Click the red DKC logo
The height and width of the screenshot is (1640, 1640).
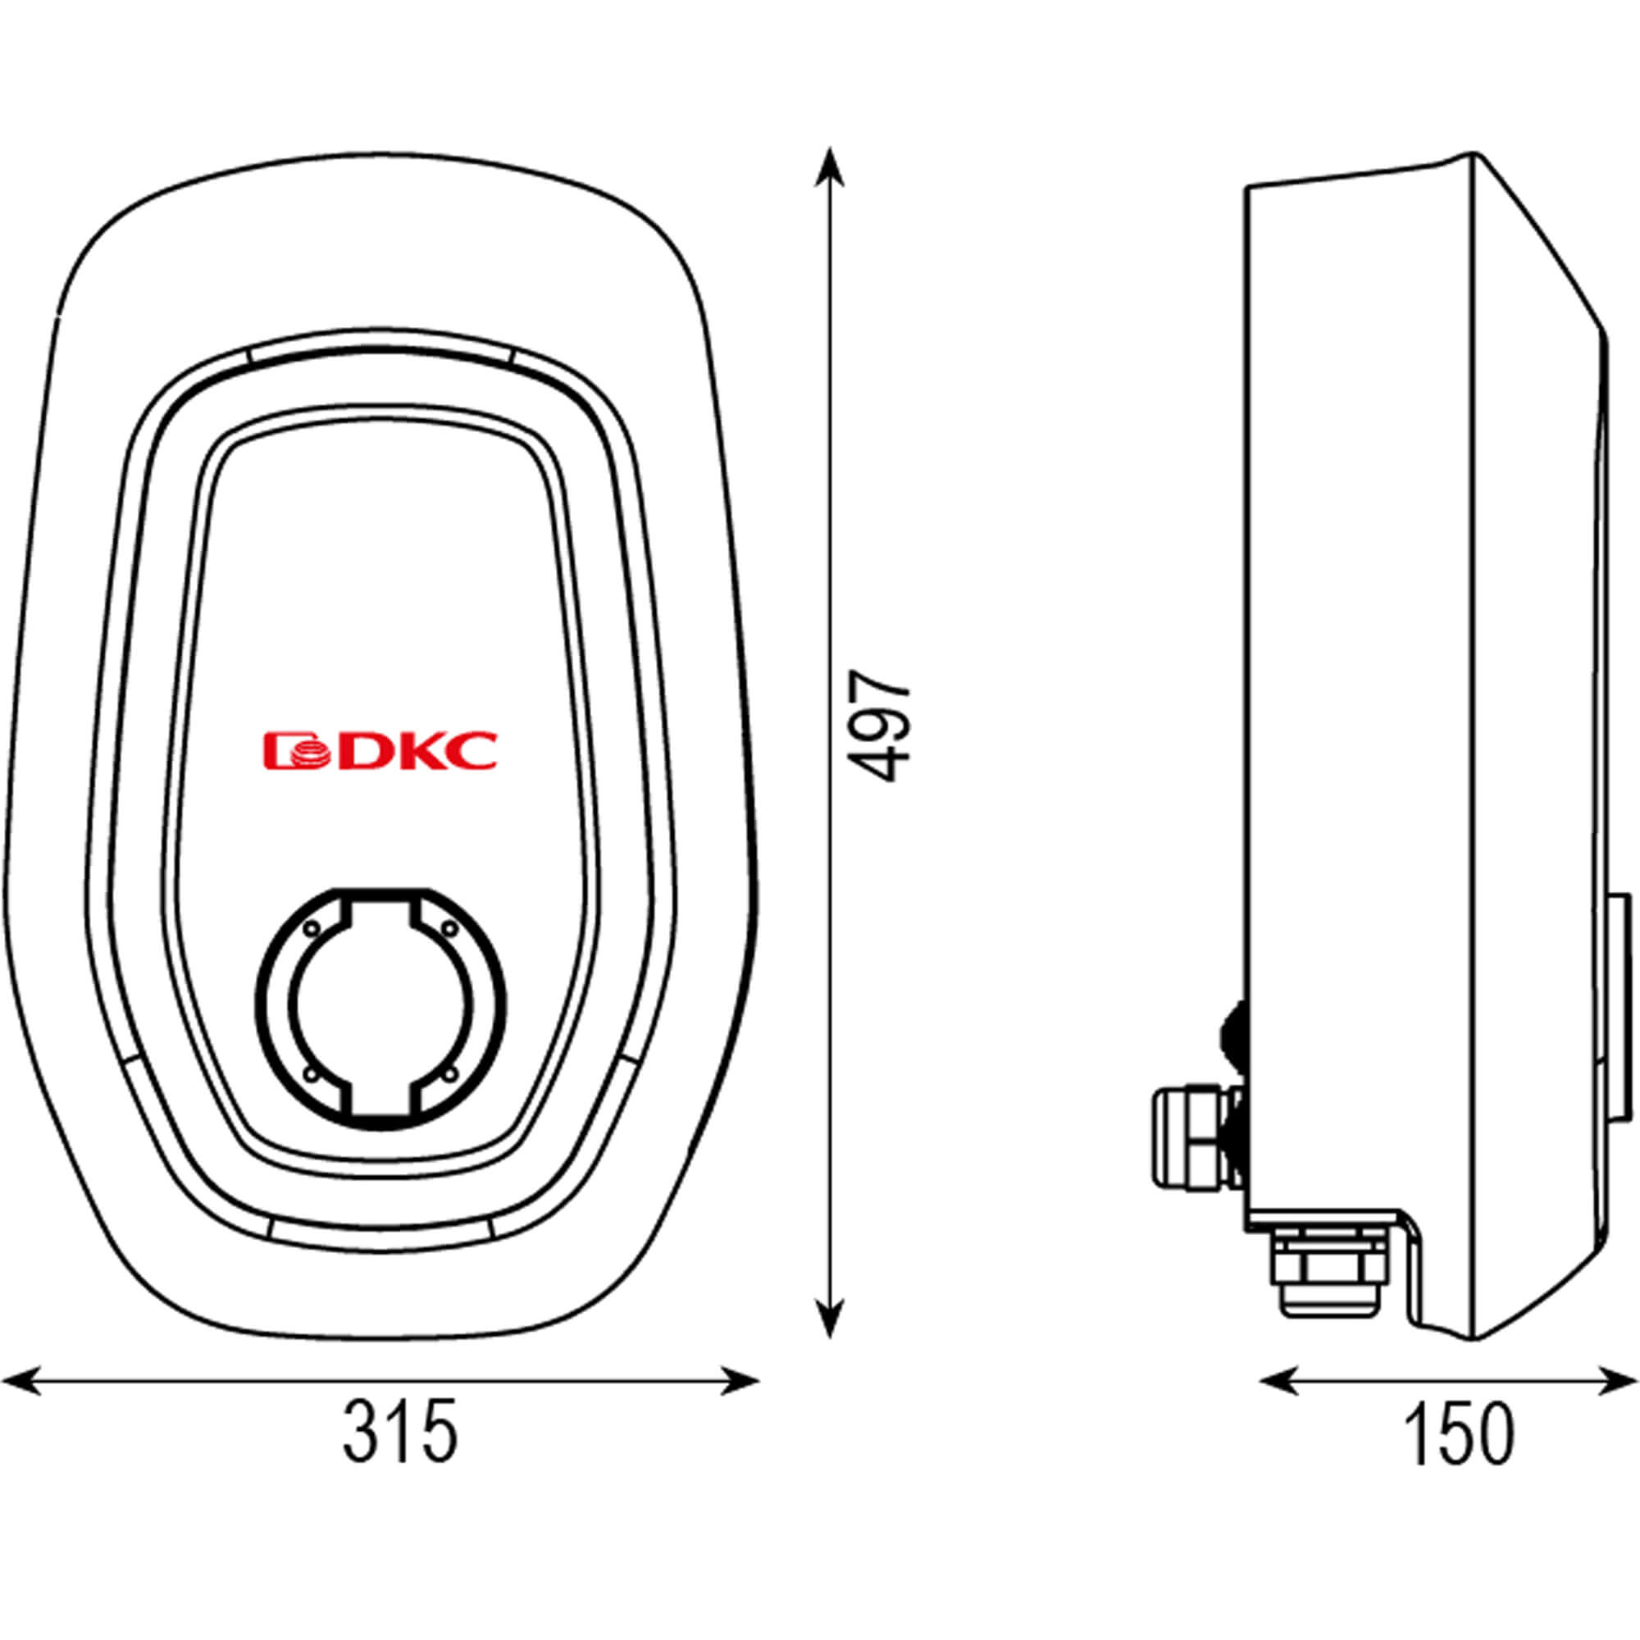pyautogui.click(x=380, y=750)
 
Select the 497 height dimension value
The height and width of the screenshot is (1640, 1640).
pyautogui.click(x=879, y=726)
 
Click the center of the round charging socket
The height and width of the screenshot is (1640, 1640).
pyautogui.click(x=381, y=1013)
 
